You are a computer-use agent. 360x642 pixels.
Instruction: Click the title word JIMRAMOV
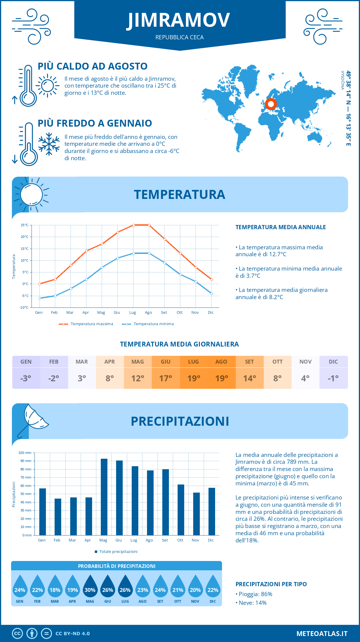pyautogui.click(x=179, y=20)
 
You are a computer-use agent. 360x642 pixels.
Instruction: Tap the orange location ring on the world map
pyautogui.click(x=271, y=104)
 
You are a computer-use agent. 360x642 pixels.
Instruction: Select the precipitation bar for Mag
pyautogui.click(x=104, y=497)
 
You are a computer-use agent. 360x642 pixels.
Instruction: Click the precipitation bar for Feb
pyautogui.click(x=58, y=517)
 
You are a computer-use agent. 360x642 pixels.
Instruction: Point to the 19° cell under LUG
pyautogui.click(x=193, y=378)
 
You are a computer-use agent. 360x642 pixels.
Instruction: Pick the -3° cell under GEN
pyautogui.click(x=26, y=378)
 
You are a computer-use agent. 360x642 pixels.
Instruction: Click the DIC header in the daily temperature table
pyautogui.click(x=333, y=361)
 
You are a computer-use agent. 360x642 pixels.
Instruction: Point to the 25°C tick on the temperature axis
pyautogui.click(x=25, y=225)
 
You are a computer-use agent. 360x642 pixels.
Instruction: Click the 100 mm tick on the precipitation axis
pyautogui.click(x=25, y=453)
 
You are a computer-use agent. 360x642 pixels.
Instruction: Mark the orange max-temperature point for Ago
pyautogui.click(x=149, y=225)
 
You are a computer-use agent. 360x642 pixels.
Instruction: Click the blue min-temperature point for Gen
pyautogui.click(x=40, y=298)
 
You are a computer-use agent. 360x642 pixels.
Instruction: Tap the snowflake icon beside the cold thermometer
pyautogui.click(x=49, y=144)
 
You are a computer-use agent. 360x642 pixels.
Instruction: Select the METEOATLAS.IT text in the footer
pyautogui.click(x=322, y=634)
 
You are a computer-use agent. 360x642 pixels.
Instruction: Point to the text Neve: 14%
pyautogui.click(x=252, y=603)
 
